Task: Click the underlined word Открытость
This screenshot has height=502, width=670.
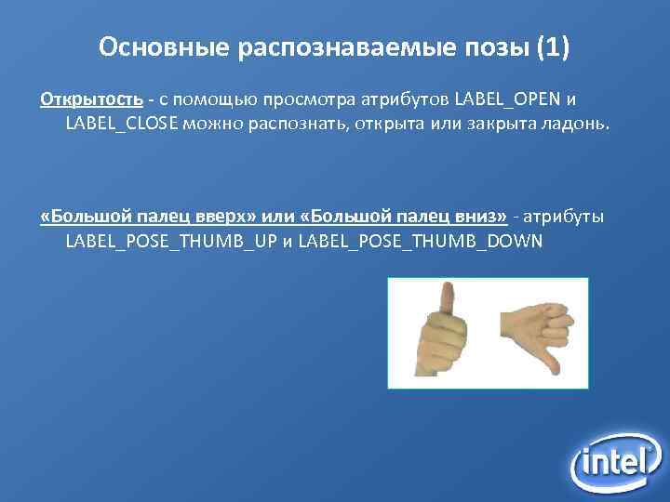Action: click(x=91, y=99)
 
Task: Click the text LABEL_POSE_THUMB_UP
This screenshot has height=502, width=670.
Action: click(x=170, y=242)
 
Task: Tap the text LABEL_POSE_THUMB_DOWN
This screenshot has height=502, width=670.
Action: click(x=420, y=242)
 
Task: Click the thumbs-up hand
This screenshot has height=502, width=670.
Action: click(x=442, y=335)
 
